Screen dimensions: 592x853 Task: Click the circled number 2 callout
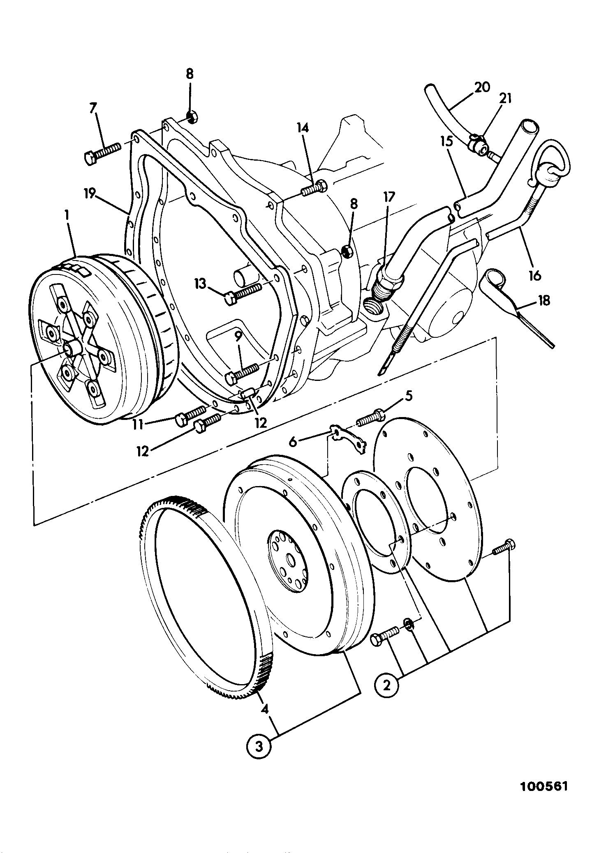[x=386, y=684]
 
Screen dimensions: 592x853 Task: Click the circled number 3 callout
[x=259, y=747]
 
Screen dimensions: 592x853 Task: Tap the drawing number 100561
[x=543, y=798]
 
